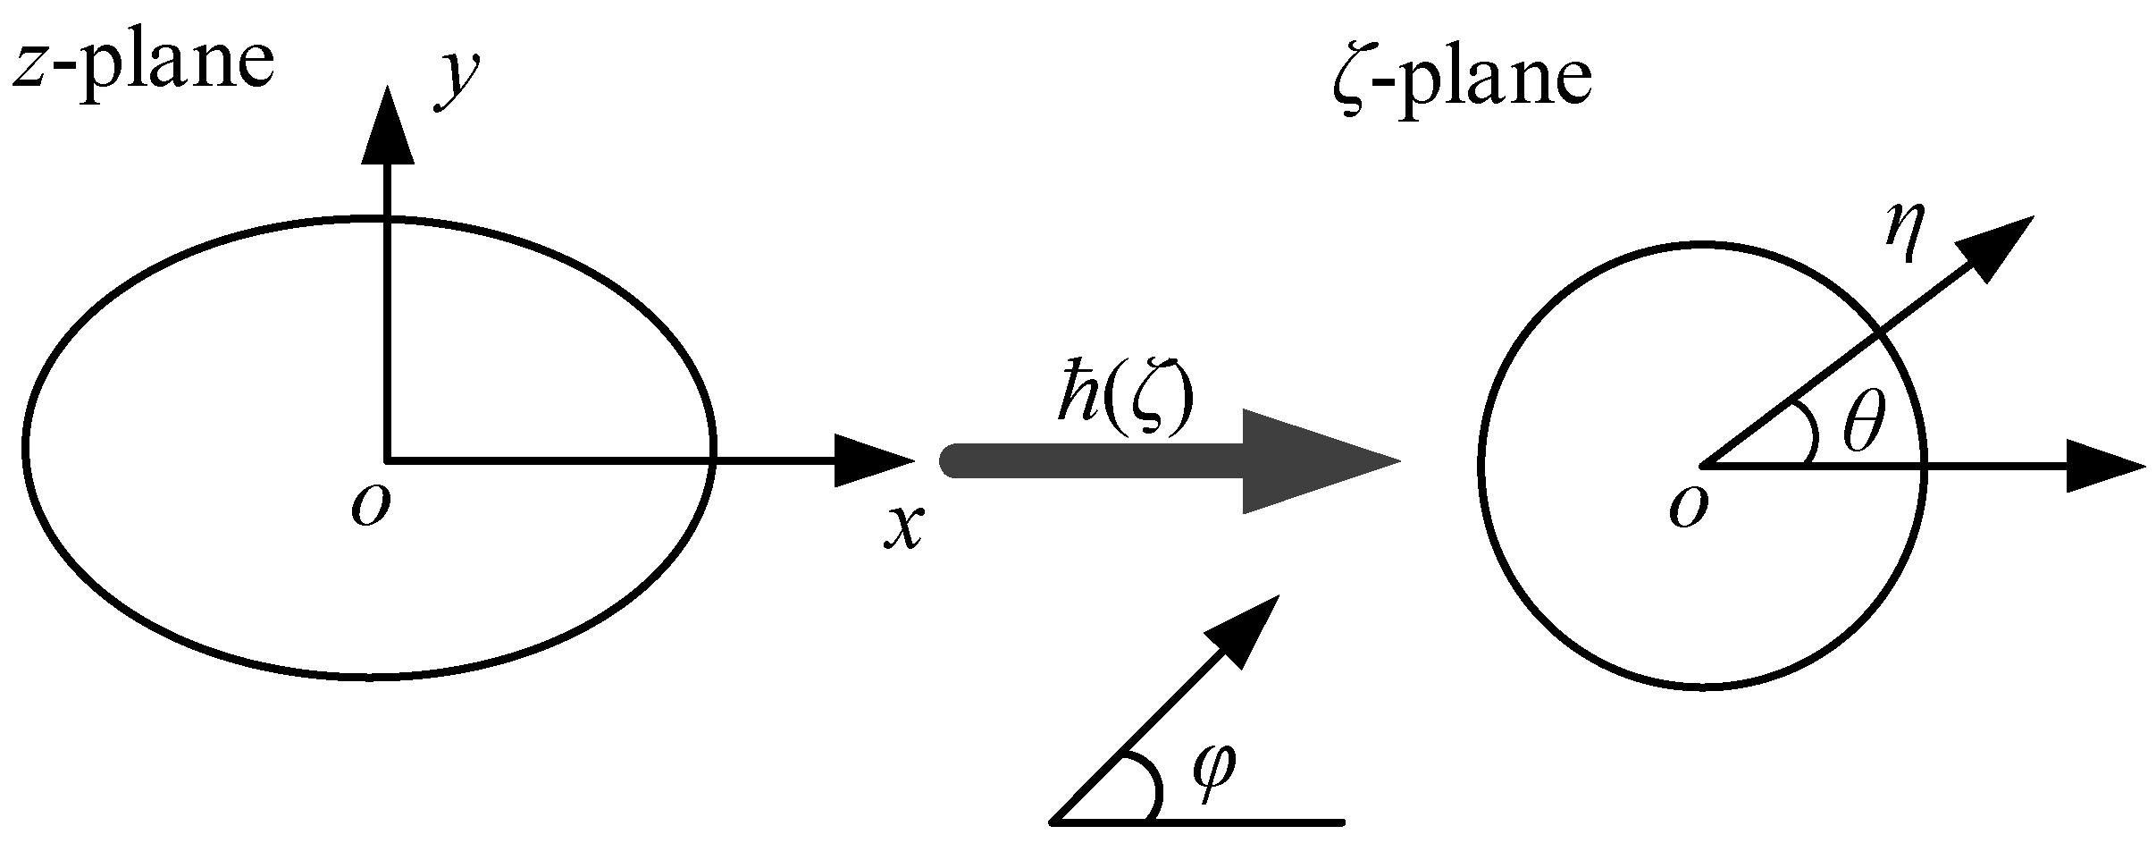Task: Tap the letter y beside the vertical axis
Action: (458, 83)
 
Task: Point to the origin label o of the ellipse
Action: (370, 508)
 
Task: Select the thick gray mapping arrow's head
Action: (1313, 462)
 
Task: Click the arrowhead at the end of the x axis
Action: (871, 461)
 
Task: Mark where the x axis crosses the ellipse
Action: (711, 461)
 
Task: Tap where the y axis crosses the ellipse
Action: (387, 218)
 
